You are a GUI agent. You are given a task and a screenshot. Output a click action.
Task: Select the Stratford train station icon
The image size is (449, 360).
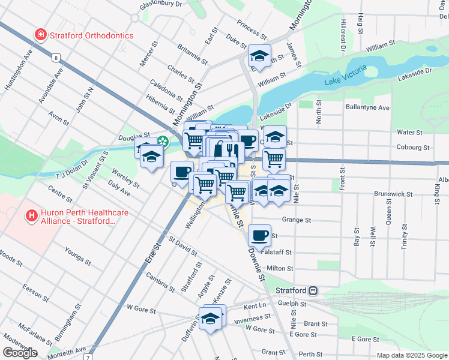tap(313, 290)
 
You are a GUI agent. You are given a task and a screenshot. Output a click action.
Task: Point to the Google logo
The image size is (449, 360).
tap(20, 352)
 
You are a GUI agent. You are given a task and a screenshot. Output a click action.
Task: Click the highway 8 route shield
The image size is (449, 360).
tap(56, 58)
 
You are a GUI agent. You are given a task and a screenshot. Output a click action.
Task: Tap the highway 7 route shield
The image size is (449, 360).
tap(88, 357)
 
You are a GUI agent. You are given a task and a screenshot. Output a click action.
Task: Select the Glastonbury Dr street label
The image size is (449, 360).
tap(160, 4)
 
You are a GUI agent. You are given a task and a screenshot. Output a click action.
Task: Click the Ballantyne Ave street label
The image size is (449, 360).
tap(367, 108)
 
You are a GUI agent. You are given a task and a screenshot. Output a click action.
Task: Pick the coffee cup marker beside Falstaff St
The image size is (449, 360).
tap(259, 236)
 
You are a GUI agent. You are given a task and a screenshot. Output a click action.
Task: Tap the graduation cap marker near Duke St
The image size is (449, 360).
tap(259, 56)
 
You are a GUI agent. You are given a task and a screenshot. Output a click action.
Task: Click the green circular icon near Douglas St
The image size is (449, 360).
tap(163, 142)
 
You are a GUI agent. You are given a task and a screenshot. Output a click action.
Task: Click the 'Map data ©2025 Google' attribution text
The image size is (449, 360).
tap(412, 355)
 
